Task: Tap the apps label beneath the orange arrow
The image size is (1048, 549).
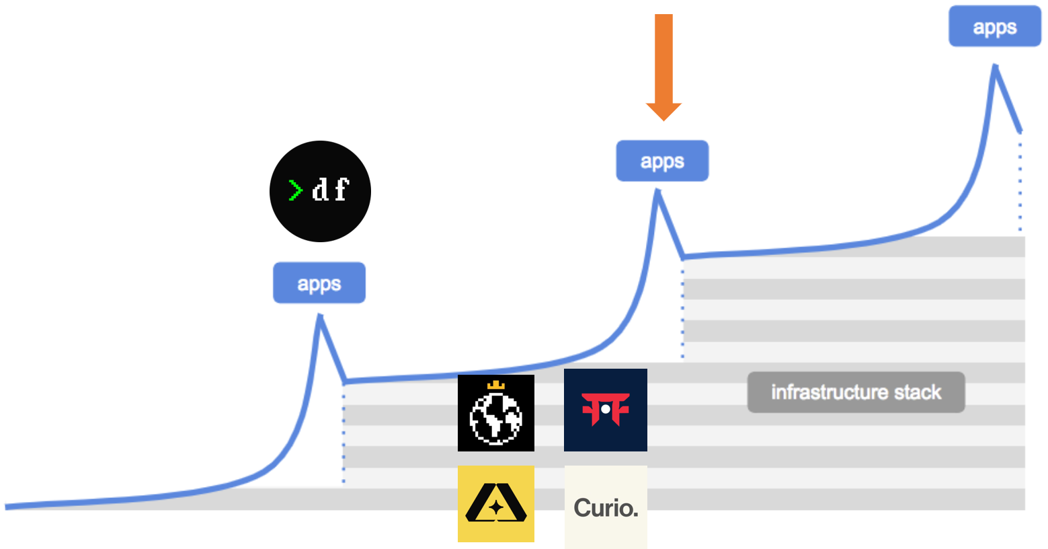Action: tap(662, 161)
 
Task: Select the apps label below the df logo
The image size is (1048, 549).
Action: tap(319, 283)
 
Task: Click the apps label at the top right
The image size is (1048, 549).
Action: tap(995, 27)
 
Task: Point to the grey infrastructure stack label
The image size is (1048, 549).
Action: tap(856, 392)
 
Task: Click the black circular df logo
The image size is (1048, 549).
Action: tap(320, 191)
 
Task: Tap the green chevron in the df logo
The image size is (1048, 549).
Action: tap(295, 190)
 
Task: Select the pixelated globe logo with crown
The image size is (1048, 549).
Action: tap(496, 413)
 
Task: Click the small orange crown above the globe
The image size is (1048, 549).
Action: tap(495, 386)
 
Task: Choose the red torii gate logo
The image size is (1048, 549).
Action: tap(606, 410)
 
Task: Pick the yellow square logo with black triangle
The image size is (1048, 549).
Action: tap(496, 504)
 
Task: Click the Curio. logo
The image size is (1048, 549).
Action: tap(606, 507)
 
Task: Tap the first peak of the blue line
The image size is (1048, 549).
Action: tap(320, 316)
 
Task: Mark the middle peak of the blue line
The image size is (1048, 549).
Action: tap(658, 191)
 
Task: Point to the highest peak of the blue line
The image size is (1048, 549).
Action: tap(995, 65)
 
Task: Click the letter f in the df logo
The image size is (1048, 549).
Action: tap(341, 190)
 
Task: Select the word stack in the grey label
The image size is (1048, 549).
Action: tap(918, 392)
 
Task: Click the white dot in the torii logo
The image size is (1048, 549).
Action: tap(606, 409)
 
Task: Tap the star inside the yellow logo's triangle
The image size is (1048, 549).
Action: tap(496, 508)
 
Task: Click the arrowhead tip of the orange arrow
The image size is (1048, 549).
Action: tap(663, 119)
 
